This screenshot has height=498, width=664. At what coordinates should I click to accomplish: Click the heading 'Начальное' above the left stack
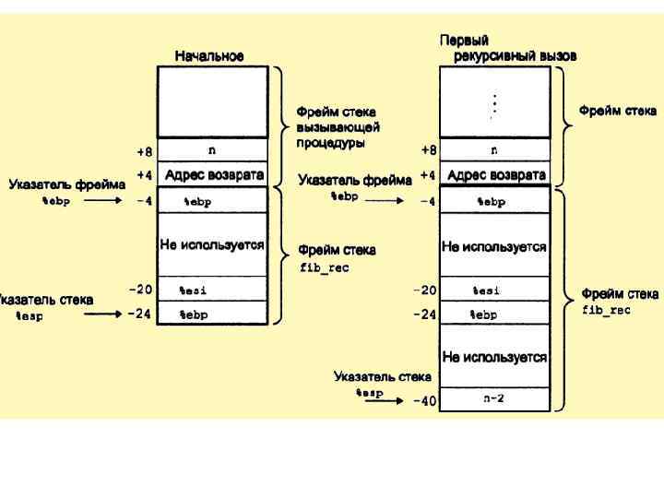(209, 56)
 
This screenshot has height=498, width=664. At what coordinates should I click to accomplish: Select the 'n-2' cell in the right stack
(494, 399)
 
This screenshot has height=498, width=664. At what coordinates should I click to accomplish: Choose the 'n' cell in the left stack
(212, 149)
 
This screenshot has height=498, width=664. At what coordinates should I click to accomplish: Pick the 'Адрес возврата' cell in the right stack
(495, 174)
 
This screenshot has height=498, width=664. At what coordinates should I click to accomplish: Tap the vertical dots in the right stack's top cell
(494, 104)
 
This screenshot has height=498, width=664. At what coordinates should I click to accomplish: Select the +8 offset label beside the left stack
(145, 149)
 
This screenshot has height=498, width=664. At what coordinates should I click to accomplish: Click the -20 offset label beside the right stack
(424, 290)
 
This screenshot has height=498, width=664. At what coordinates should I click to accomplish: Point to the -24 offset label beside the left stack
(139, 314)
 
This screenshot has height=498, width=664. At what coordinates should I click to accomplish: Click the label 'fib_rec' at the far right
(606, 311)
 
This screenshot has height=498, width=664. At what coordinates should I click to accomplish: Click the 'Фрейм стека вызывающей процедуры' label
(338, 127)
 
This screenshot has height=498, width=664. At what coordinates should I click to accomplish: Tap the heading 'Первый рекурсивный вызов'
(506, 48)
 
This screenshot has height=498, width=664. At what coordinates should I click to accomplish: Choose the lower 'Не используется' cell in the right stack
(494, 357)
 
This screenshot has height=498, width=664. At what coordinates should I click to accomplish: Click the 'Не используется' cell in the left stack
(212, 245)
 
